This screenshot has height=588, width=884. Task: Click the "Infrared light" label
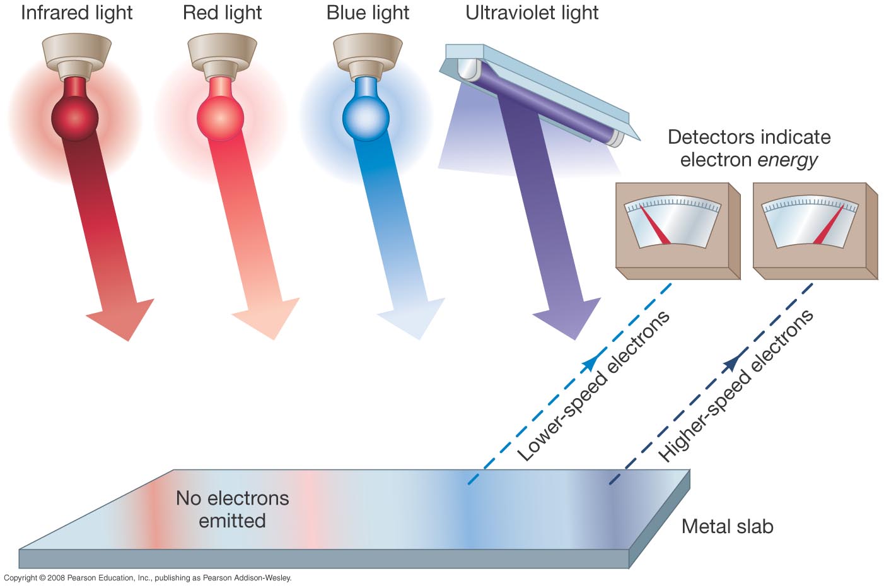(x=76, y=13)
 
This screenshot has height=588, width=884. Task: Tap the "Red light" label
(x=222, y=13)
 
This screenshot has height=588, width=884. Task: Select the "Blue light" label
(x=368, y=13)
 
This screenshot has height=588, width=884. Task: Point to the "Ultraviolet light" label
(x=532, y=13)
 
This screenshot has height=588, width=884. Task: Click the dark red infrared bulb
(x=75, y=117)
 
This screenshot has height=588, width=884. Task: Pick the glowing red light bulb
(x=221, y=117)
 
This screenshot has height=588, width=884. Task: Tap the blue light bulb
(x=366, y=117)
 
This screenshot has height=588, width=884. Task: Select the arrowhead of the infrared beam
(x=122, y=319)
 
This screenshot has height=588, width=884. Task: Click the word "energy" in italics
(x=787, y=160)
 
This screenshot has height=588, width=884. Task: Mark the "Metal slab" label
(x=727, y=527)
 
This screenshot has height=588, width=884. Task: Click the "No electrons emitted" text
(x=232, y=509)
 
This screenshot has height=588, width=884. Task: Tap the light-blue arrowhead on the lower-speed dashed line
(x=590, y=363)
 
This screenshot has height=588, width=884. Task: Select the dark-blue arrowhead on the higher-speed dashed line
(x=733, y=363)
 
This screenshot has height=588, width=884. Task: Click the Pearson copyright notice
(x=148, y=578)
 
